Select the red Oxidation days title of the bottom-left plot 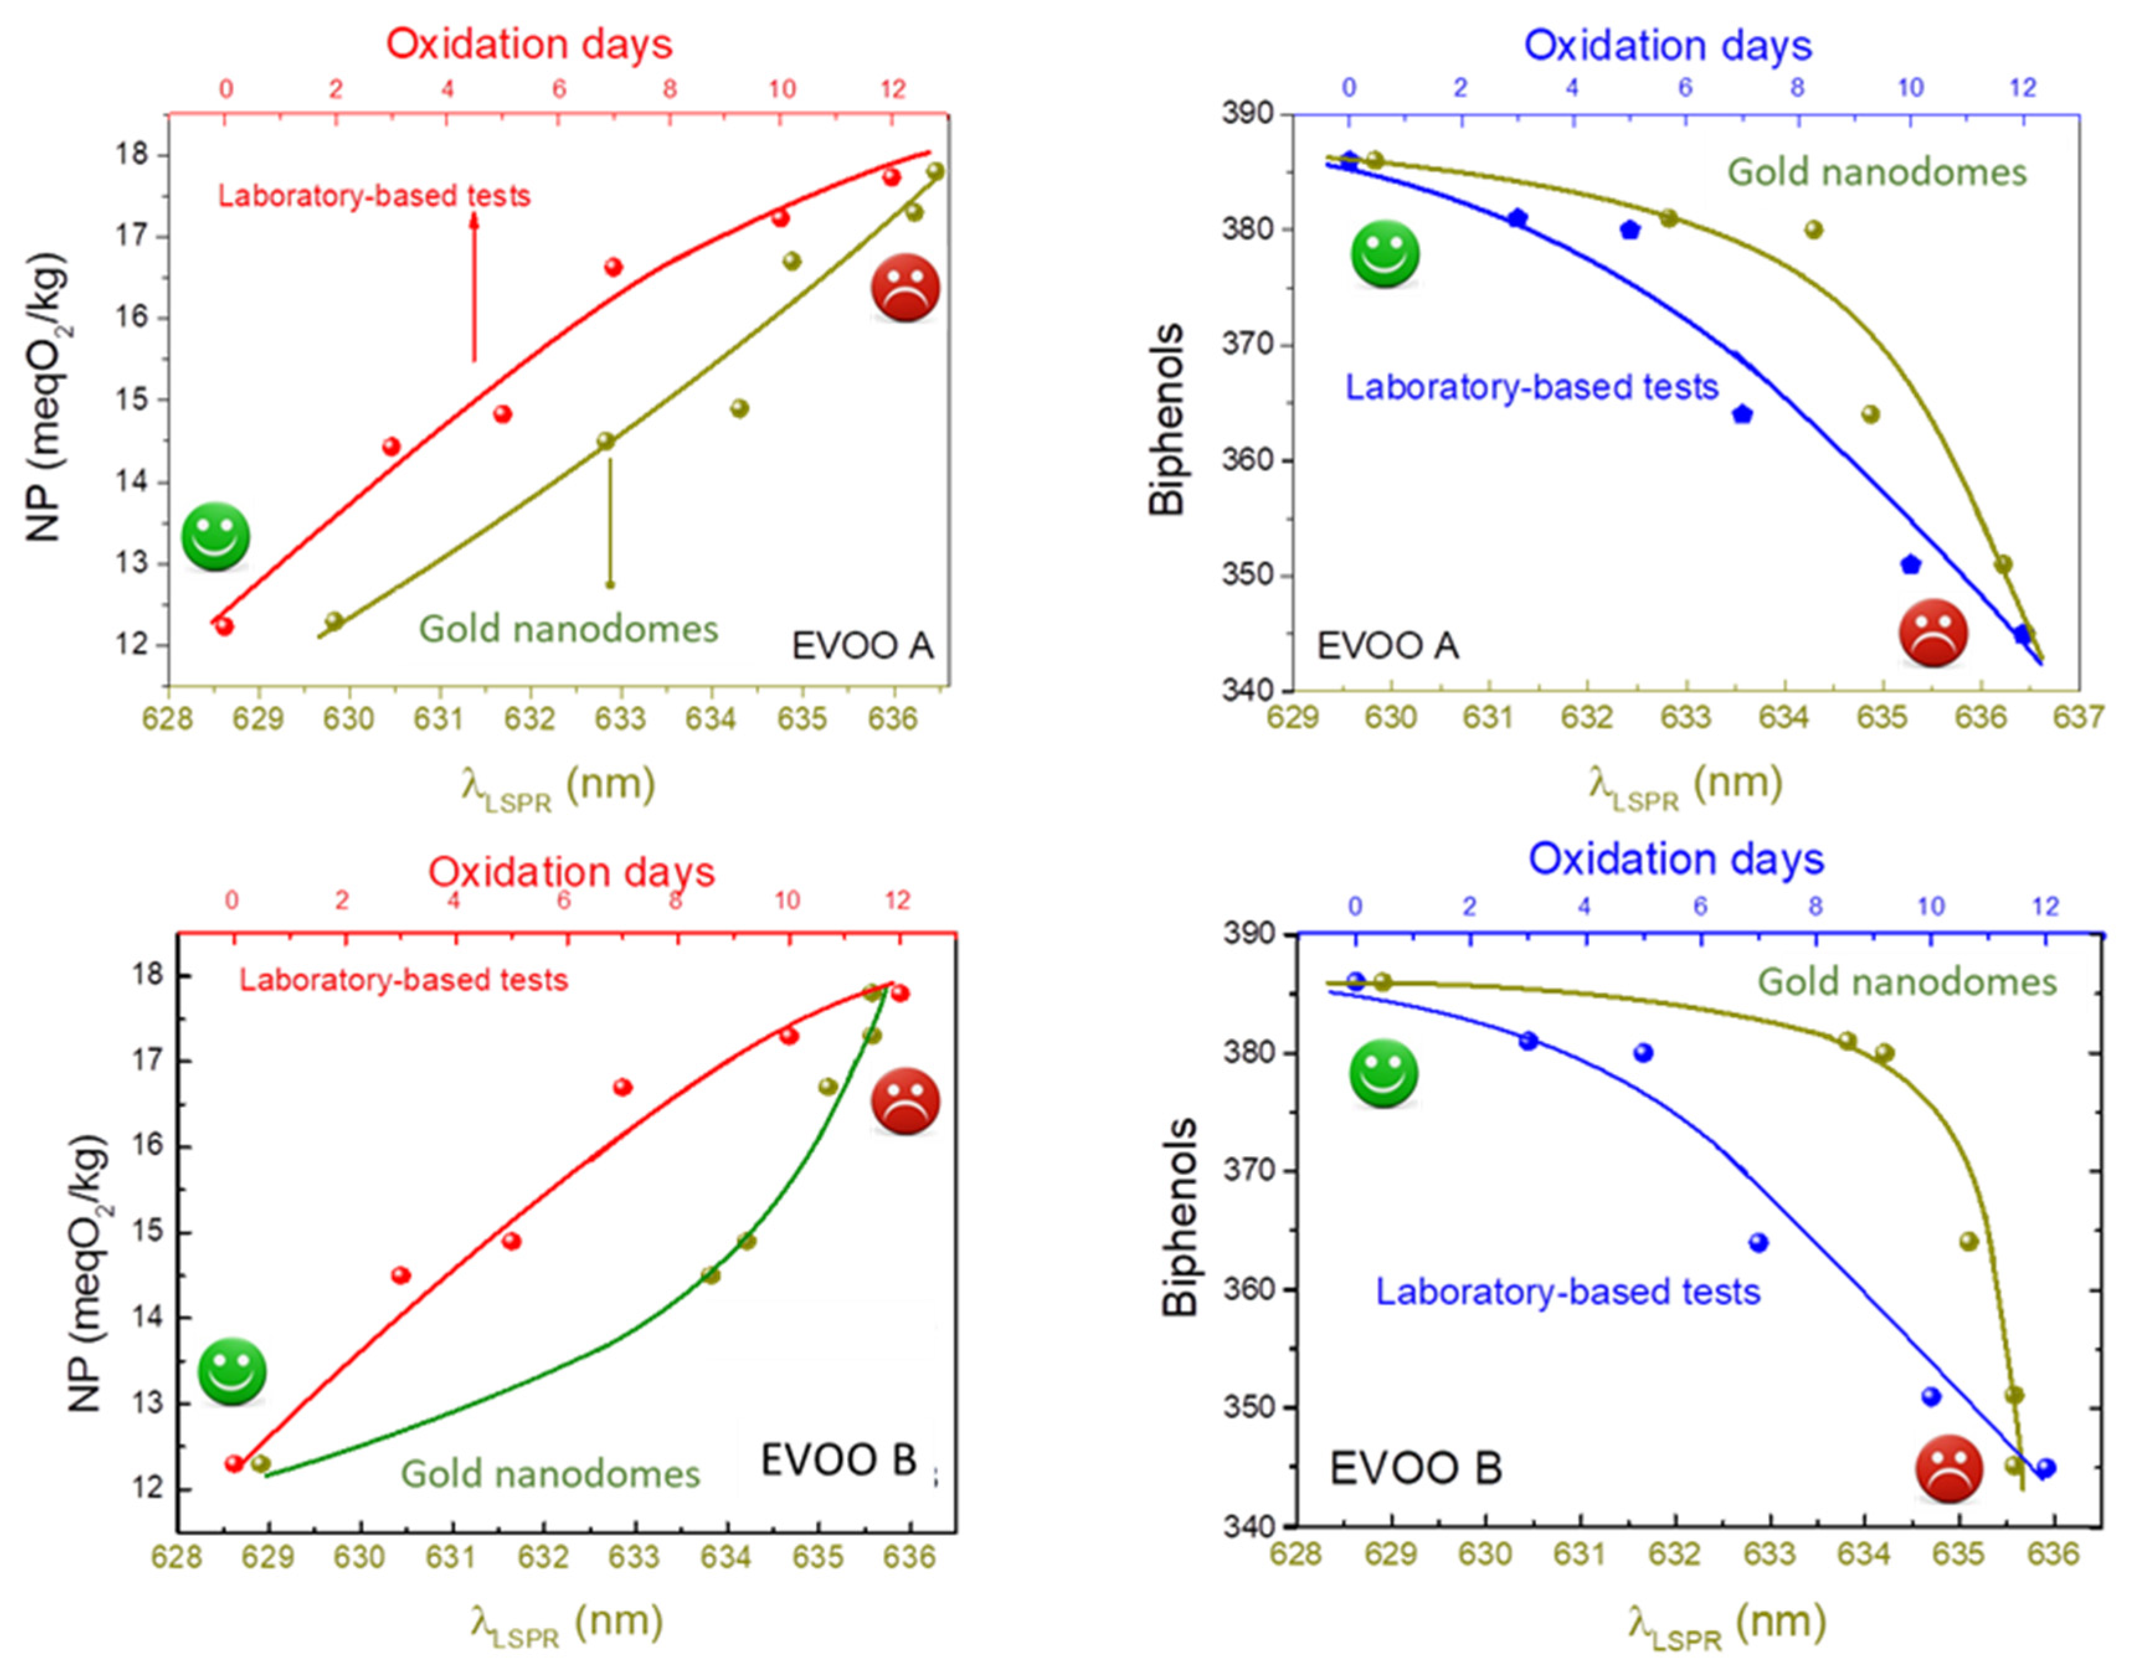pyautogui.click(x=572, y=872)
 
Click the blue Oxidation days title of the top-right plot pyautogui.click(x=1667, y=46)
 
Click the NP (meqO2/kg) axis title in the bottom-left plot pyautogui.click(x=88, y=1273)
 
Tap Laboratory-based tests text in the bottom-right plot pyautogui.click(x=1568, y=1291)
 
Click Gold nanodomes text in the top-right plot pyautogui.click(x=1875, y=173)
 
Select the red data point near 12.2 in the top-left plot pyautogui.click(x=224, y=627)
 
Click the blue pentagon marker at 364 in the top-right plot pyautogui.click(x=1741, y=414)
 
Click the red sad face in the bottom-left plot pyautogui.click(x=905, y=1102)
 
